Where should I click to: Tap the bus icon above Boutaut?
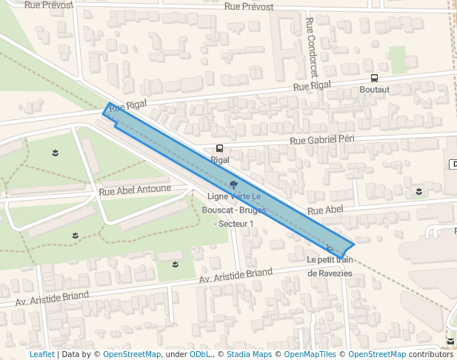point(374,78)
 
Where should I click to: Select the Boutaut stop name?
point(374,89)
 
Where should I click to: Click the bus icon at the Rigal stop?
point(219,148)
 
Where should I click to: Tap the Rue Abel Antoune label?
point(135,190)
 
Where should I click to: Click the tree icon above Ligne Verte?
point(234,184)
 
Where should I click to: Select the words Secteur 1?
point(234,224)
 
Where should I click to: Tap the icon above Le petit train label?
point(330,248)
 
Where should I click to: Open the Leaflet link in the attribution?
point(42,354)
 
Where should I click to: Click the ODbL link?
point(199,354)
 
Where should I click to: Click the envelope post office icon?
point(450,341)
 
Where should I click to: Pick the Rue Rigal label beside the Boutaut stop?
point(312,86)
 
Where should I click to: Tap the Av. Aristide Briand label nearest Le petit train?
point(236,276)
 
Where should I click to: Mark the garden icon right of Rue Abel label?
point(419,192)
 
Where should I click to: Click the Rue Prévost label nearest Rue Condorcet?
point(248,7)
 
